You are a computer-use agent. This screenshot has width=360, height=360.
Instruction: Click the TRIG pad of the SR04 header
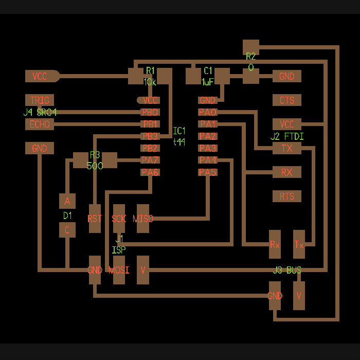[x=40, y=100]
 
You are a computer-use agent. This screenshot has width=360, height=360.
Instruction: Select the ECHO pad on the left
[x=40, y=124]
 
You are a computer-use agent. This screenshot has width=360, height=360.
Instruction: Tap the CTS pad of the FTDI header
[x=286, y=100]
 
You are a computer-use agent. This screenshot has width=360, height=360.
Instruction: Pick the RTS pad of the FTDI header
[x=286, y=196]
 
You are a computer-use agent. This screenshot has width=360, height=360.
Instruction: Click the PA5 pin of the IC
[x=208, y=172]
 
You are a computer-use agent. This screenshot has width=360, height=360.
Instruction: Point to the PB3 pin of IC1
[x=150, y=136]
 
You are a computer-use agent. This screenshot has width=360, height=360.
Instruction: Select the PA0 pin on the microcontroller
[x=208, y=112]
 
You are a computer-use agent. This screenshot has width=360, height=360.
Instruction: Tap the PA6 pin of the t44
[x=150, y=172]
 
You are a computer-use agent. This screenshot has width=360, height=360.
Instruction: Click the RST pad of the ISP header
[x=95, y=219]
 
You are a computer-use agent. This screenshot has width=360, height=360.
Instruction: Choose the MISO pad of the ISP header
[x=143, y=219]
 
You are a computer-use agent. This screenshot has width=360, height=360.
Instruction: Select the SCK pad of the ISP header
[x=119, y=219]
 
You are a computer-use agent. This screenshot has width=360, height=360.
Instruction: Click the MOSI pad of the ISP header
[x=119, y=270]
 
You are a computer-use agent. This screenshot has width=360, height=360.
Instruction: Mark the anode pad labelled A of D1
[x=67, y=201]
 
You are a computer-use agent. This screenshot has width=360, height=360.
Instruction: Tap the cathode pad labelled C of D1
[x=67, y=230]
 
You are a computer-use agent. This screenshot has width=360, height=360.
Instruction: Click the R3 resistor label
[x=95, y=155]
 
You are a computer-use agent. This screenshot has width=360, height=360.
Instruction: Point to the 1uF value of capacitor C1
[x=208, y=82]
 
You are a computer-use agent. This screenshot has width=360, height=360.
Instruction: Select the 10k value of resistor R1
[x=150, y=82]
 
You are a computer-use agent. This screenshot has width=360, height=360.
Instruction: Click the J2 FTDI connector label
[x=287, y=137]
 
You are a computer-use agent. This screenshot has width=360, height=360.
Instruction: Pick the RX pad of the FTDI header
[x=286, y=172]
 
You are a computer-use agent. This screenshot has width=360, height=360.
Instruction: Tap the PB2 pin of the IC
[x=150, y=148]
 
